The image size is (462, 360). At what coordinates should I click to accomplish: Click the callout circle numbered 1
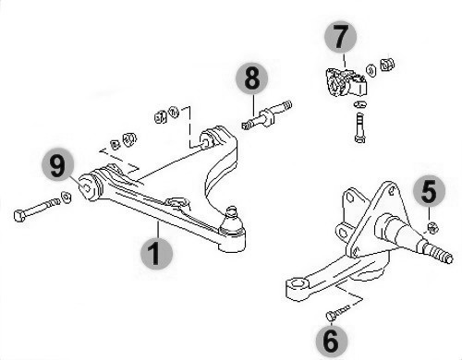click(156, 254)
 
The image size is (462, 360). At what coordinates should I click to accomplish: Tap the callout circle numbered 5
click(429, 192)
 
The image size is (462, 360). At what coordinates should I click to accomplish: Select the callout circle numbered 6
click(332, 341)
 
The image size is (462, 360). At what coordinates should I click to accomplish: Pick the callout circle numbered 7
click(340, 37)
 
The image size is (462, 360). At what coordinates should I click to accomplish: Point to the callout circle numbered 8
click(252, 78)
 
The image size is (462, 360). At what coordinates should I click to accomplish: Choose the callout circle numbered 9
click(58, 165)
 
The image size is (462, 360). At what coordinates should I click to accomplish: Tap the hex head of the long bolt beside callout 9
click(19, 215)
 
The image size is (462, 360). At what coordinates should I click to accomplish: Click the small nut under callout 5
click(433, 228)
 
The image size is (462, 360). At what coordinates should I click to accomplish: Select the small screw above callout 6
click(338, 313)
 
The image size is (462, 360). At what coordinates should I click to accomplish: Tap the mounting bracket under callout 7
click(346, 83)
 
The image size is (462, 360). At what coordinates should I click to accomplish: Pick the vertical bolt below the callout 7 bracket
click(359, 127)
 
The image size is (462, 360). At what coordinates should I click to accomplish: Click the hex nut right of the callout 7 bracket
click(387, 64)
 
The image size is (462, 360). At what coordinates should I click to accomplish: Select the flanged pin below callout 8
click(267, 115)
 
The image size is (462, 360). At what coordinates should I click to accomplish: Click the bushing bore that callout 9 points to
click(87, 187)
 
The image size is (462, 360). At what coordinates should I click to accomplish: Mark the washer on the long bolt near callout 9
click(66, 197)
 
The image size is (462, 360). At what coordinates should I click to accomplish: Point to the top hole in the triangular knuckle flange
click(392, 190)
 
